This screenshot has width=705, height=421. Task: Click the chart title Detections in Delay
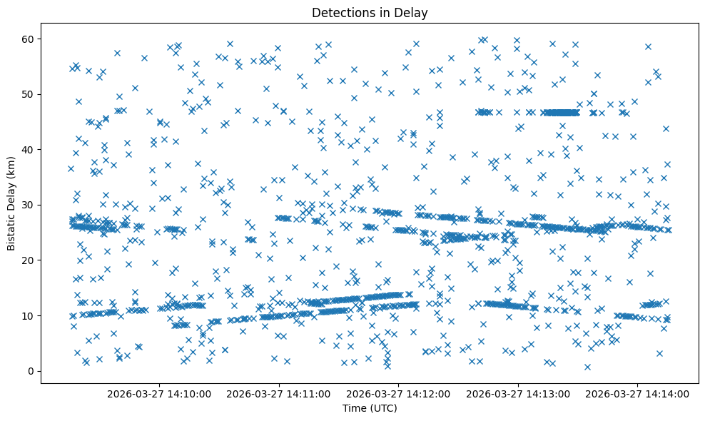coord(370,12)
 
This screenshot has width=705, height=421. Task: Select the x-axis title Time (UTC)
coord(370,408)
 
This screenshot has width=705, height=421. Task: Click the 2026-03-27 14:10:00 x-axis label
coord(159,393)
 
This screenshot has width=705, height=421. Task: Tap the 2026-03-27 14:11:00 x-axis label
coord(279,393)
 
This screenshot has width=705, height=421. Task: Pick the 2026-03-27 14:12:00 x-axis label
coord(399,393)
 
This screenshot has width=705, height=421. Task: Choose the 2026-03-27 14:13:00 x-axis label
coord(519,393)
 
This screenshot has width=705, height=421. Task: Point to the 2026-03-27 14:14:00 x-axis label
coord(639,393)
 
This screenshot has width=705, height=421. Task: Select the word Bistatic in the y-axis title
coord(11,231)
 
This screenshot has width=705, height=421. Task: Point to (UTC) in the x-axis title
coord(382,408)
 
